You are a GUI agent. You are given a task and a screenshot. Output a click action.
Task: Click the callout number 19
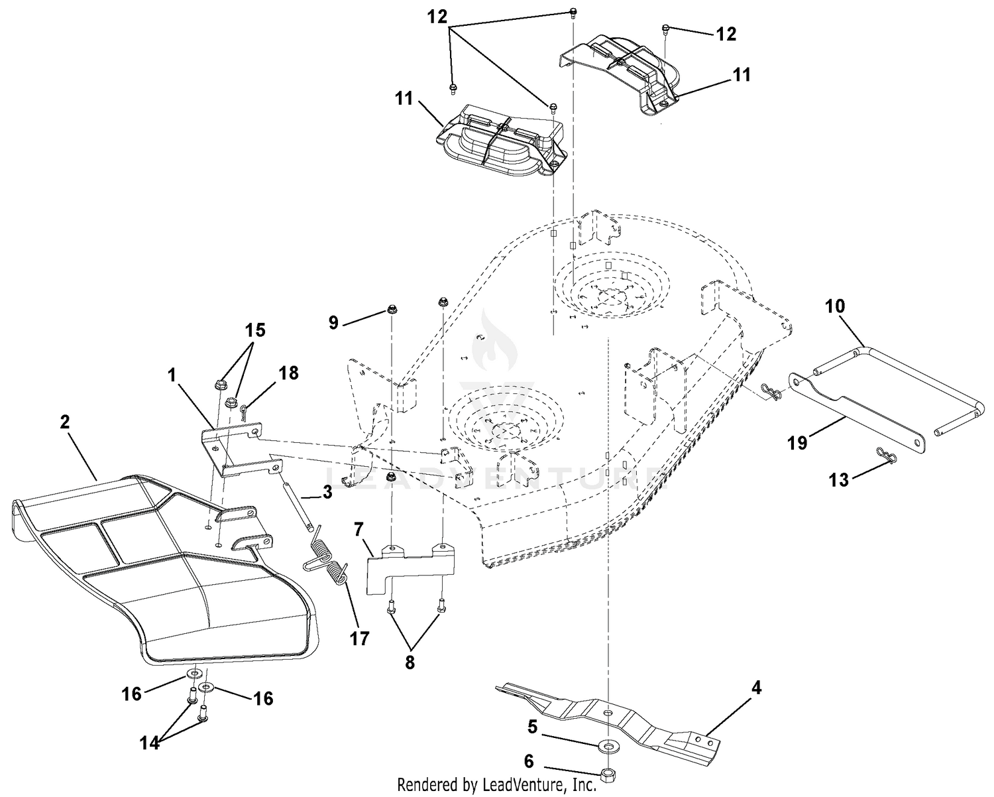coord(797,442)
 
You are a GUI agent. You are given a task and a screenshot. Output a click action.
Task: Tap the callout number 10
coord(835,306)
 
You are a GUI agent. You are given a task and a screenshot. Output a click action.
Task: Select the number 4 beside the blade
coord(757,688)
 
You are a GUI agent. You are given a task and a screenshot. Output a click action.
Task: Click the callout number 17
coord(359,639)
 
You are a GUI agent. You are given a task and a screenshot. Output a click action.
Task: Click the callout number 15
coord(255,330)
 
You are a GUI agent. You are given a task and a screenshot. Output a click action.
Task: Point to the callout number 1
coord(172,375)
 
